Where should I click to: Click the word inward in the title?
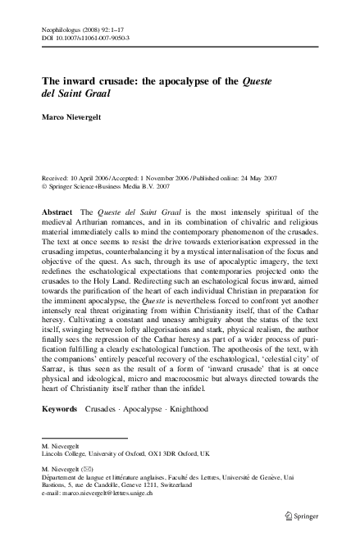click(x=75, y=82)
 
